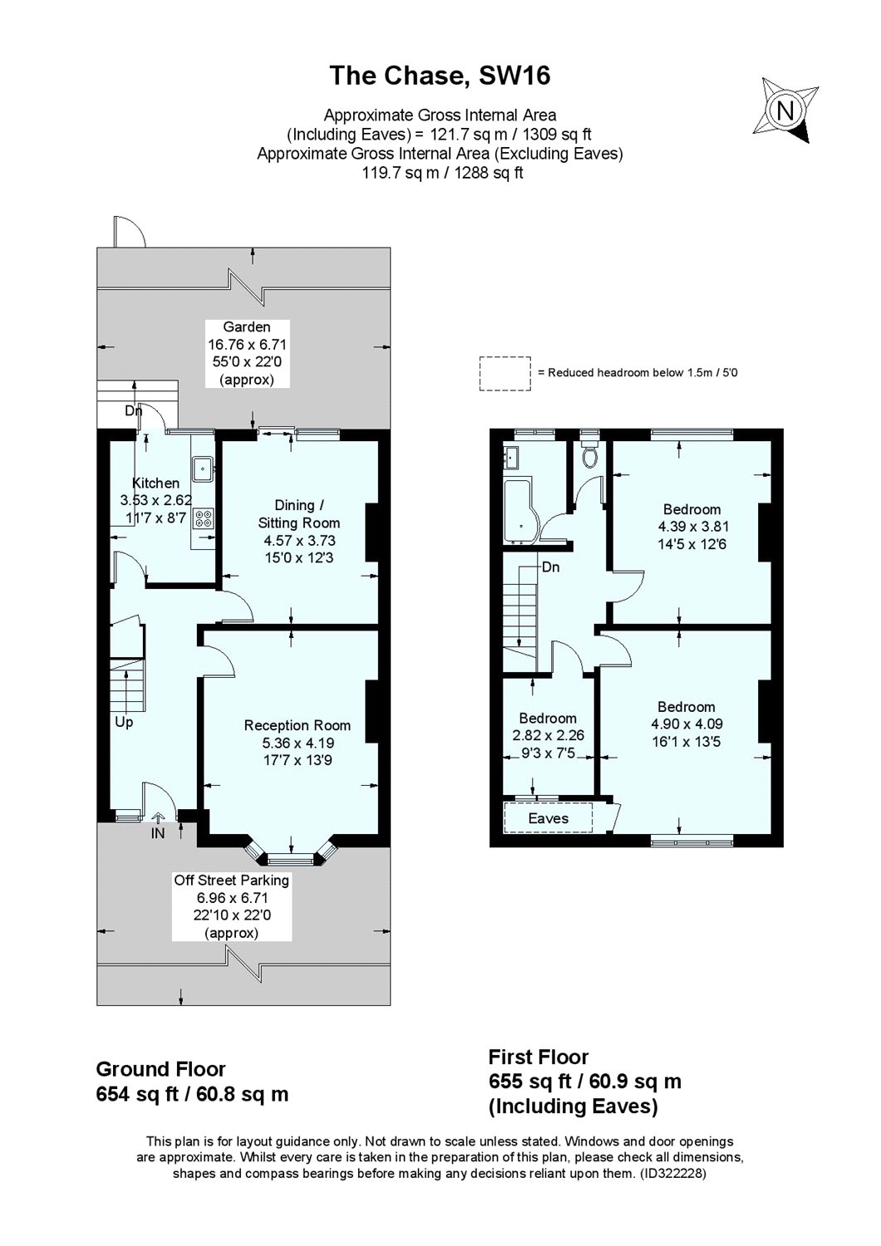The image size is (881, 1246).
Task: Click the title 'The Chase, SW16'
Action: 440,76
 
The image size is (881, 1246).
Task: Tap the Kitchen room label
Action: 155,483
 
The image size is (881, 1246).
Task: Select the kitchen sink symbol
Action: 203,470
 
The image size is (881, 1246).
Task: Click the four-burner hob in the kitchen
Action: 203,519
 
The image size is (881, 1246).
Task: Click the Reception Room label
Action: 297,725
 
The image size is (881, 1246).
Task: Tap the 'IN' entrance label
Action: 157,833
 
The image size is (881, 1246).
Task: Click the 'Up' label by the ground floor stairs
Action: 124,722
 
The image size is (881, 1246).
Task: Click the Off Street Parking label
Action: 231,880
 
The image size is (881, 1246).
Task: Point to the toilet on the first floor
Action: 591,456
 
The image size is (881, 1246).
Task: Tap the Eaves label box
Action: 549,818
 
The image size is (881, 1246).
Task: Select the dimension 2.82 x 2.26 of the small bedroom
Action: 548,736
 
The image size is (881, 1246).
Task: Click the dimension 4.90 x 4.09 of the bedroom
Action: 687,724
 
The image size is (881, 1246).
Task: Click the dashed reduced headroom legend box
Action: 504,373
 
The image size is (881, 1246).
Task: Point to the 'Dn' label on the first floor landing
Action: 549,568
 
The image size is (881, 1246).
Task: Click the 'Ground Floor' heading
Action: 160,1068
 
